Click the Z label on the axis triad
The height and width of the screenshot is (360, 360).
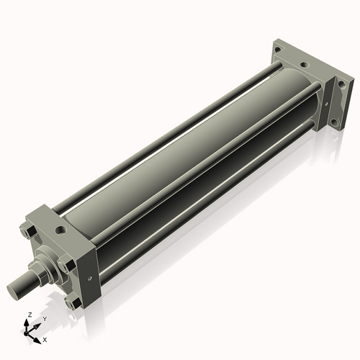(29, 315)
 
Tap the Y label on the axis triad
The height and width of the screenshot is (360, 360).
(44, 318)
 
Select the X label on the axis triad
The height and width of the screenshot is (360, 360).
(45, 338)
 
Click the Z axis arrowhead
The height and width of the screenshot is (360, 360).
(29, 322)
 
